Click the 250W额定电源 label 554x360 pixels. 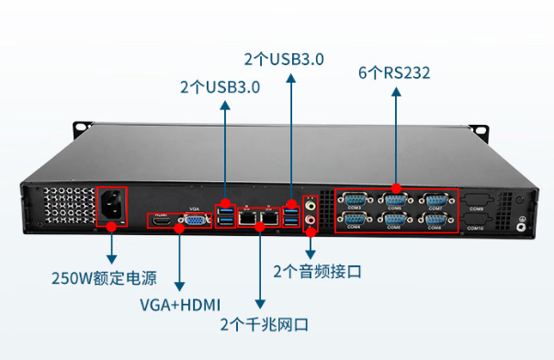tap(104, 277)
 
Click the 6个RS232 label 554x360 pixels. tap(396, 72)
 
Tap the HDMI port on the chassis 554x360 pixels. tap(163, 219)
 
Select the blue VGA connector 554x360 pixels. tap(194, 219)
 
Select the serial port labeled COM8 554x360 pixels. tap(435, 219)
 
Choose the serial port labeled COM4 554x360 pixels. tap(354, 219)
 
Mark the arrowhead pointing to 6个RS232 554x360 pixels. tap(396, 93)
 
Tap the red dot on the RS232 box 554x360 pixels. tap(396, 188)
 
